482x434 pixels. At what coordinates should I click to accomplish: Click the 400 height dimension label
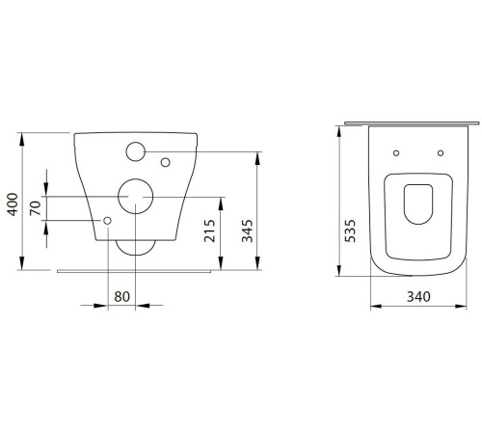[x=13, y=204]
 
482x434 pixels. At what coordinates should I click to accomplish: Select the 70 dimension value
[x=36, y=208]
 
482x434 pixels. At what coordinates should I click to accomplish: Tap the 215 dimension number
[x=210, y=231]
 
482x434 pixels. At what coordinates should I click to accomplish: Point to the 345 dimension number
[x=248, y=231]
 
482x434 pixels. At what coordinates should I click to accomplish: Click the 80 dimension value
[x=122, y=296]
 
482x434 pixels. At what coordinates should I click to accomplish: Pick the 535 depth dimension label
[x=350, y=231]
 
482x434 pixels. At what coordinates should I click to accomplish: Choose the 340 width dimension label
[x=418, y=296]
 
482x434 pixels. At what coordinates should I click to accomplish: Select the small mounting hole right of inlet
[x=165, y=162]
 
